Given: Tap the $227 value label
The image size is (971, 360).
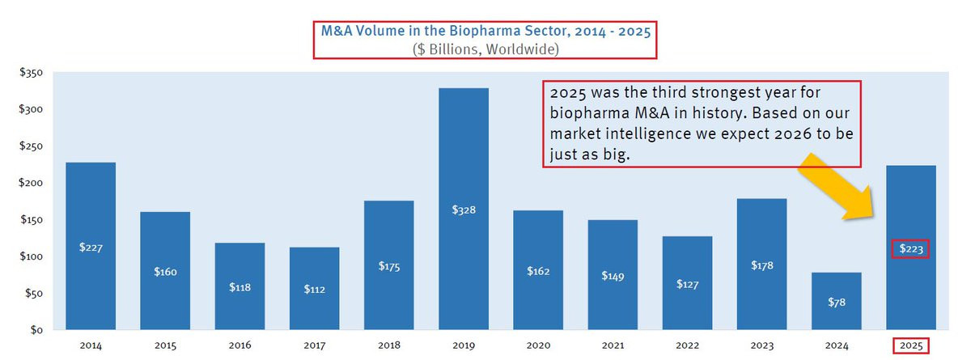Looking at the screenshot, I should click(x=91, y=248).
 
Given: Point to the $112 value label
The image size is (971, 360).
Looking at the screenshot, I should click(x=315, y=289).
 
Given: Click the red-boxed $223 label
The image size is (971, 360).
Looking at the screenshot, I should click(x=911, y=248).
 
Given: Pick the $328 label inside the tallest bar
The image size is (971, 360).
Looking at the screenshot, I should click(x=464, y=210).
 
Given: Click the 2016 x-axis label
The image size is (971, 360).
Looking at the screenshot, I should click(x=240, y=345).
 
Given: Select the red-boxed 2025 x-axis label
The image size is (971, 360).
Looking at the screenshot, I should click(x=911, y=345).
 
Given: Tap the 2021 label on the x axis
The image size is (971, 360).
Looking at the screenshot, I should click(x=613, y=345).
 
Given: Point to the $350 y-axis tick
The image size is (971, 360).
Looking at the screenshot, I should click(x=33, y=73).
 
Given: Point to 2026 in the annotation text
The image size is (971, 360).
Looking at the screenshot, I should click(x=757, y=132).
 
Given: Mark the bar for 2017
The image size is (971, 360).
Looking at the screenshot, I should click(x=315, y=275).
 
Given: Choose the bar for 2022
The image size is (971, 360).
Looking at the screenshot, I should click(x=687, y=267).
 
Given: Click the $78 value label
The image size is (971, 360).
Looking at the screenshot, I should click(x=837, y=302).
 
